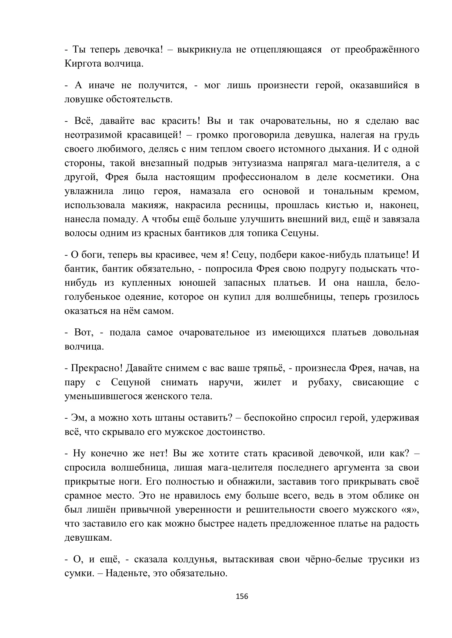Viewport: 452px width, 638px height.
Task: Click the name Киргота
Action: point(83,64)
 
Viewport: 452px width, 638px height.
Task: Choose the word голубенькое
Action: point(93,297)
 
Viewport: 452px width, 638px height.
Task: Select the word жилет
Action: point(268,382)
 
